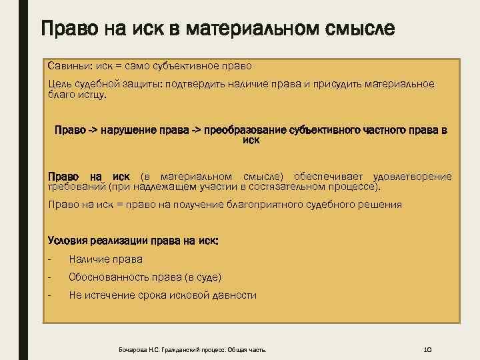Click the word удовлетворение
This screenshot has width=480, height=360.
(x=413, y=177)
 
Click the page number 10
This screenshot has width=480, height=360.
(x=429, y=349)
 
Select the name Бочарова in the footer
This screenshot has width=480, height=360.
(x=131, y=349)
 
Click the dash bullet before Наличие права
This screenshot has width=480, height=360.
(x=51, y=259)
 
